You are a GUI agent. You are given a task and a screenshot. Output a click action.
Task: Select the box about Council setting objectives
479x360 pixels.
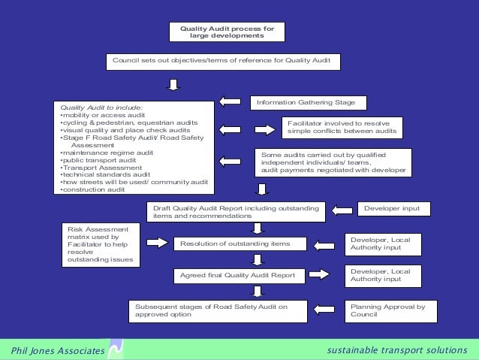tap(226, 60)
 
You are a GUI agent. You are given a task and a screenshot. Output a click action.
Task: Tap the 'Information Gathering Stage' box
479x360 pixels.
tap(311, 101)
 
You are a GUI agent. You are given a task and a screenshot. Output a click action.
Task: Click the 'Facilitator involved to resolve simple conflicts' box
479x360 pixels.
tap(341, 127)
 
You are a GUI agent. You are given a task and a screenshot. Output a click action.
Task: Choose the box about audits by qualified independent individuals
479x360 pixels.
tap(333, 162)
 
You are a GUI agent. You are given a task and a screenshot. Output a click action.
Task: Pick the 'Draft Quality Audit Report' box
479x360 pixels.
tap(236, 212)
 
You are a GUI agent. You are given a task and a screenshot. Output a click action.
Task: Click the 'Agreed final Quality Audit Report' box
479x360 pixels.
tap(237, 276)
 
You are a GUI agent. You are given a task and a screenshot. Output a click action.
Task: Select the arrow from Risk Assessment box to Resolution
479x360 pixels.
tap(157, 242)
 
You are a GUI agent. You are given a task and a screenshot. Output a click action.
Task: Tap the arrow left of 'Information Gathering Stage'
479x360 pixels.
tap(229, 101)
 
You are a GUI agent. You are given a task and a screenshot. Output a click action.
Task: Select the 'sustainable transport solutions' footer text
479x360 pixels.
tap(397, 350)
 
